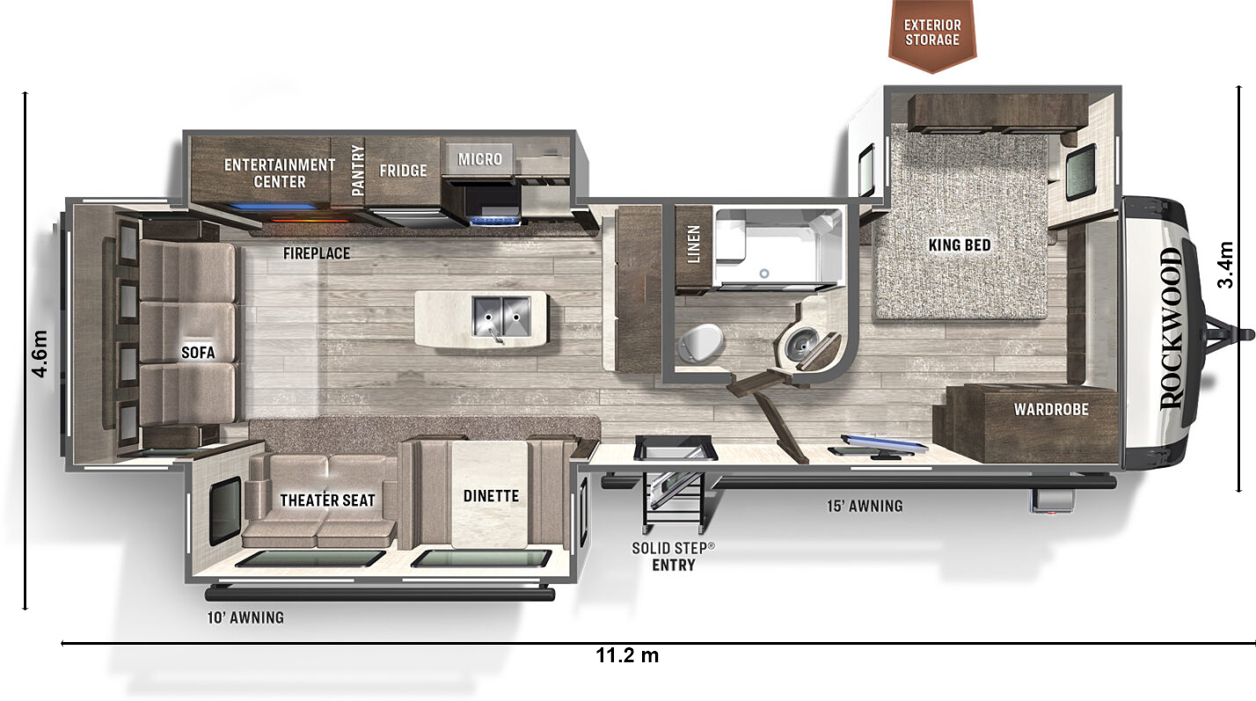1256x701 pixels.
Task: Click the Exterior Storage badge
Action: point(932,33)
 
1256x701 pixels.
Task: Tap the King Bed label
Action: point(960,245)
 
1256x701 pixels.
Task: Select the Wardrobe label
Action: point(1051,409)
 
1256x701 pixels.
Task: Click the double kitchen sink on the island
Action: point(501,318)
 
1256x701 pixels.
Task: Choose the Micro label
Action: point(480,159)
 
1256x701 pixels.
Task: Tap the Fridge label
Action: point(403,171)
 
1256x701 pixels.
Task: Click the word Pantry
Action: point(357,171)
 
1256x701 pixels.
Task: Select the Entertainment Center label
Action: point(280,173)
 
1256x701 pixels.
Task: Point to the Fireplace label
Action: point(317,253)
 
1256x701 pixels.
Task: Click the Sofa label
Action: point(198,352)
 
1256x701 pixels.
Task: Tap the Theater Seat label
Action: point(327,500)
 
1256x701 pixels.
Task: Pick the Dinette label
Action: point(491,496)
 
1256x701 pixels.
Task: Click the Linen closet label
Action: point(694,244)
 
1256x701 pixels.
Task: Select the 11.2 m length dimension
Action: point(627,655)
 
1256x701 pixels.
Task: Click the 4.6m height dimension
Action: point(40,354)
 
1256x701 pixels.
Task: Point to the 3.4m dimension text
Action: point(1226,265)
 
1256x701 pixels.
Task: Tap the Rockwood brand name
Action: point(1172,328)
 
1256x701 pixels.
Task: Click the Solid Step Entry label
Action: point(674,556)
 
